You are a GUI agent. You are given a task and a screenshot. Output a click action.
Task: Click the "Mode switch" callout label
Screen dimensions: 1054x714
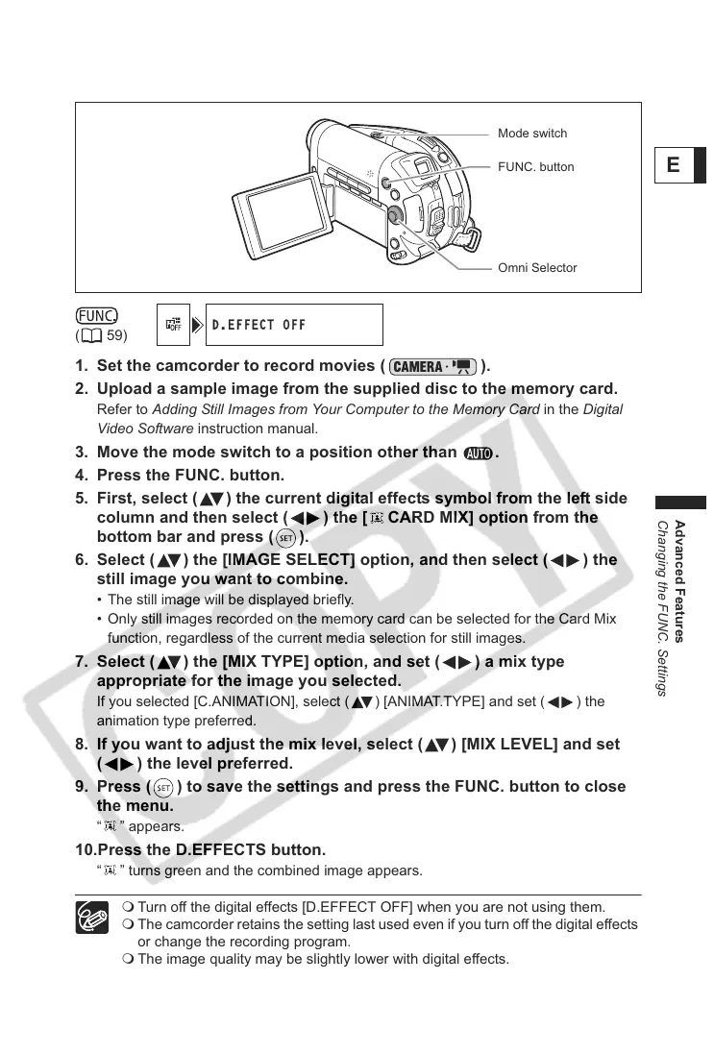click(531, 134)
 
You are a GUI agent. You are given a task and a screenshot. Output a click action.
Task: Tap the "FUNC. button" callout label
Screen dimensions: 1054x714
click(535, 167)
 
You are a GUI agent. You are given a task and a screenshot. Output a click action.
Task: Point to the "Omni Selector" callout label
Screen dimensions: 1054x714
click(537, 268)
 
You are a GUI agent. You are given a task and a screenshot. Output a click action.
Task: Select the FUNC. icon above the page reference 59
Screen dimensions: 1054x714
click(97, 315)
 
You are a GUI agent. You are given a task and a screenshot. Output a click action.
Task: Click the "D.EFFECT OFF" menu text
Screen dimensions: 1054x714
click(259, 325)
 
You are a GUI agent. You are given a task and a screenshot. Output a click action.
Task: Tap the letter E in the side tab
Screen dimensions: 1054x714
click(673, 165)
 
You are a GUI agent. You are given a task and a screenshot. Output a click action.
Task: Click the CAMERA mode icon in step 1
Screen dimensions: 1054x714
click(434, 366)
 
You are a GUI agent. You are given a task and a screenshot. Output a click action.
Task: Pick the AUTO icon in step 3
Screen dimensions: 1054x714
click(478, 454)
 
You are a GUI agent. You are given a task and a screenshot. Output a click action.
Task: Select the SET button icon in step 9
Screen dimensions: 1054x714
click(162, 788)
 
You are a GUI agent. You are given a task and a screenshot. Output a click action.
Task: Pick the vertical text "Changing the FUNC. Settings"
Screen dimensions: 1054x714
click(662, 607)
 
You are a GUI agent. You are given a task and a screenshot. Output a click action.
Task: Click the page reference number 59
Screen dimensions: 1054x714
click(117, 336)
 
